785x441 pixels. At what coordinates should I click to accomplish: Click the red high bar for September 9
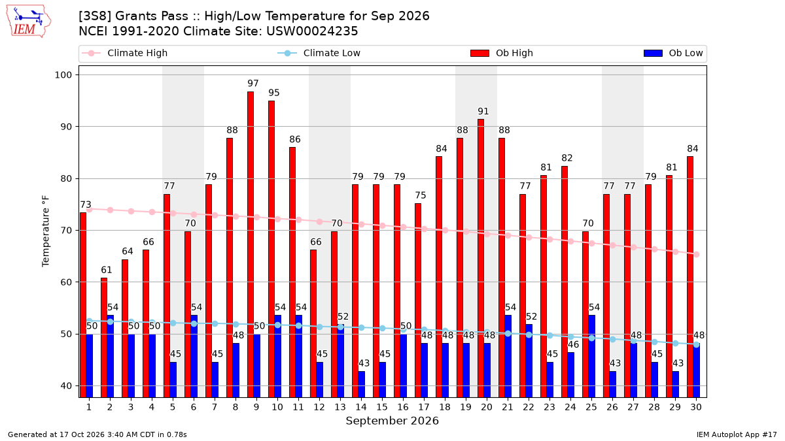(250, 244)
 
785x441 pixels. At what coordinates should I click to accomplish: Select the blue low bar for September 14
(361, 384)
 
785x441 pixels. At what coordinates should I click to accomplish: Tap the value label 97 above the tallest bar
(253, 84)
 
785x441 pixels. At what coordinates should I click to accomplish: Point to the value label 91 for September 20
(483, 111)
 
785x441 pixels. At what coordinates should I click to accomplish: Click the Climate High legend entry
(124, 53)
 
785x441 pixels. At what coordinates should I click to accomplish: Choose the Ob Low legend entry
(673, 53)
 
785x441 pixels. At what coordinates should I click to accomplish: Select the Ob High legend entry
(502, 53)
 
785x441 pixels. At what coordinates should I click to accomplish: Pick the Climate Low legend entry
(319, 53)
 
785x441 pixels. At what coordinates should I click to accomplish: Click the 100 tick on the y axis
(63, 75)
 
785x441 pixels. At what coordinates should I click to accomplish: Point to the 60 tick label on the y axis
(66, 282)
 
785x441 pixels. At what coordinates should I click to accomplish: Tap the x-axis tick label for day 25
(591, 407)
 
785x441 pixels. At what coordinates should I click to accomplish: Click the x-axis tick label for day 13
(340, 407)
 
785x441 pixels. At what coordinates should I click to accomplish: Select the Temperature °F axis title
(46, 231)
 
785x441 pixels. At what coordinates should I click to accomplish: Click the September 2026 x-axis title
(392, 421)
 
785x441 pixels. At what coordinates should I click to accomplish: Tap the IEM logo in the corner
(28, 22)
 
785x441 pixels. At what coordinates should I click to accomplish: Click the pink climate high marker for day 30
(696, 254)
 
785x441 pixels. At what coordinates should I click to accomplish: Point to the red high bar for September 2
(104, 338)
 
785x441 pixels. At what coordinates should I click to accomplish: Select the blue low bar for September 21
(508, 356)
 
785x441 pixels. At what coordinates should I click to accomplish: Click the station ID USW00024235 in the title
(312, 31)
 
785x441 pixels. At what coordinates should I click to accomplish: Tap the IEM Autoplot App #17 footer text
(737, 434)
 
